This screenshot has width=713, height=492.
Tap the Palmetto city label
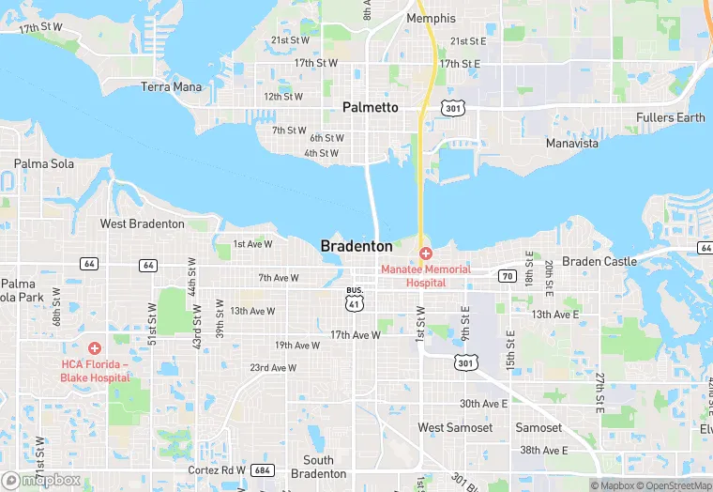coord(370,107)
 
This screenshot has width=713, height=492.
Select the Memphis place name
coord(431,18)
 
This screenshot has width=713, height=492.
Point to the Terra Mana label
coord(171,87)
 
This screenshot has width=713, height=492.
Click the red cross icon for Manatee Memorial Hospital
coord(425,254)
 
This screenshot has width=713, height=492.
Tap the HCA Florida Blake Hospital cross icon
coord(94,348)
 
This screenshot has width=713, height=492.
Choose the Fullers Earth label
coord(670,117)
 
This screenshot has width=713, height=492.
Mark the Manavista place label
coord(572,144)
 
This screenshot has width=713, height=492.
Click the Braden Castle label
coord(599,261)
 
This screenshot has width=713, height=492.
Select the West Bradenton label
coord(143,223)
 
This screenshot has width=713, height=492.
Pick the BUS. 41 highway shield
coord(355,300)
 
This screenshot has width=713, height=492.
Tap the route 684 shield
coord(263,469)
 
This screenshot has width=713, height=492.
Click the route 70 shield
coord(507,276)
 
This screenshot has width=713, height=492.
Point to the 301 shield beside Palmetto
coord(455,109)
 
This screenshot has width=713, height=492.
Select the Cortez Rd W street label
coord(217,469)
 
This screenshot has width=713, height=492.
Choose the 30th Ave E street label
coord(483,403)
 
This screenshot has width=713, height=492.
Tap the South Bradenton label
coord(318,467)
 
